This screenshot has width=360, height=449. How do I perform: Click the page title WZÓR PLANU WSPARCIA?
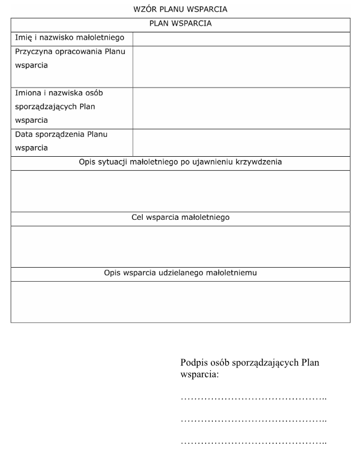click(x=180, y=9)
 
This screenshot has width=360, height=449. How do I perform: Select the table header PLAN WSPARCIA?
click(x=180, y=24)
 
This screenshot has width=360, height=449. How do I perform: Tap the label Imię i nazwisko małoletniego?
click(x=72, y=38)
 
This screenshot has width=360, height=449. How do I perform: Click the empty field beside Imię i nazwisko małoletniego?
click(x=241, y=38)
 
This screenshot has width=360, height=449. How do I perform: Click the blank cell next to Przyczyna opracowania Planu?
click(x=241, y=66)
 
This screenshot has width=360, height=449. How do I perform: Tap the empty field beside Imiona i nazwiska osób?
click(x=241, y=108)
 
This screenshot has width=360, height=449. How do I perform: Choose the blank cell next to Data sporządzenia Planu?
click(x=241, y=142)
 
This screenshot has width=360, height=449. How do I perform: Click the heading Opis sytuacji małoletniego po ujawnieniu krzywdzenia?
click(x=180, y=162)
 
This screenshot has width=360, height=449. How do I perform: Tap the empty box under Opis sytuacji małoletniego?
click(x=180, y=191)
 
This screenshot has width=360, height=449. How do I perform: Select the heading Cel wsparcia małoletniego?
click(x=180, y=218)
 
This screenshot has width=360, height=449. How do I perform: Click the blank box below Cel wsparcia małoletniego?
click(x=180, y=246)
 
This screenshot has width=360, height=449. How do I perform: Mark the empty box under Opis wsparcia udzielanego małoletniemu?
click(x=180, y=302)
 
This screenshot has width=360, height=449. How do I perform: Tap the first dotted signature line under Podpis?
click(x=254, y=399)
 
